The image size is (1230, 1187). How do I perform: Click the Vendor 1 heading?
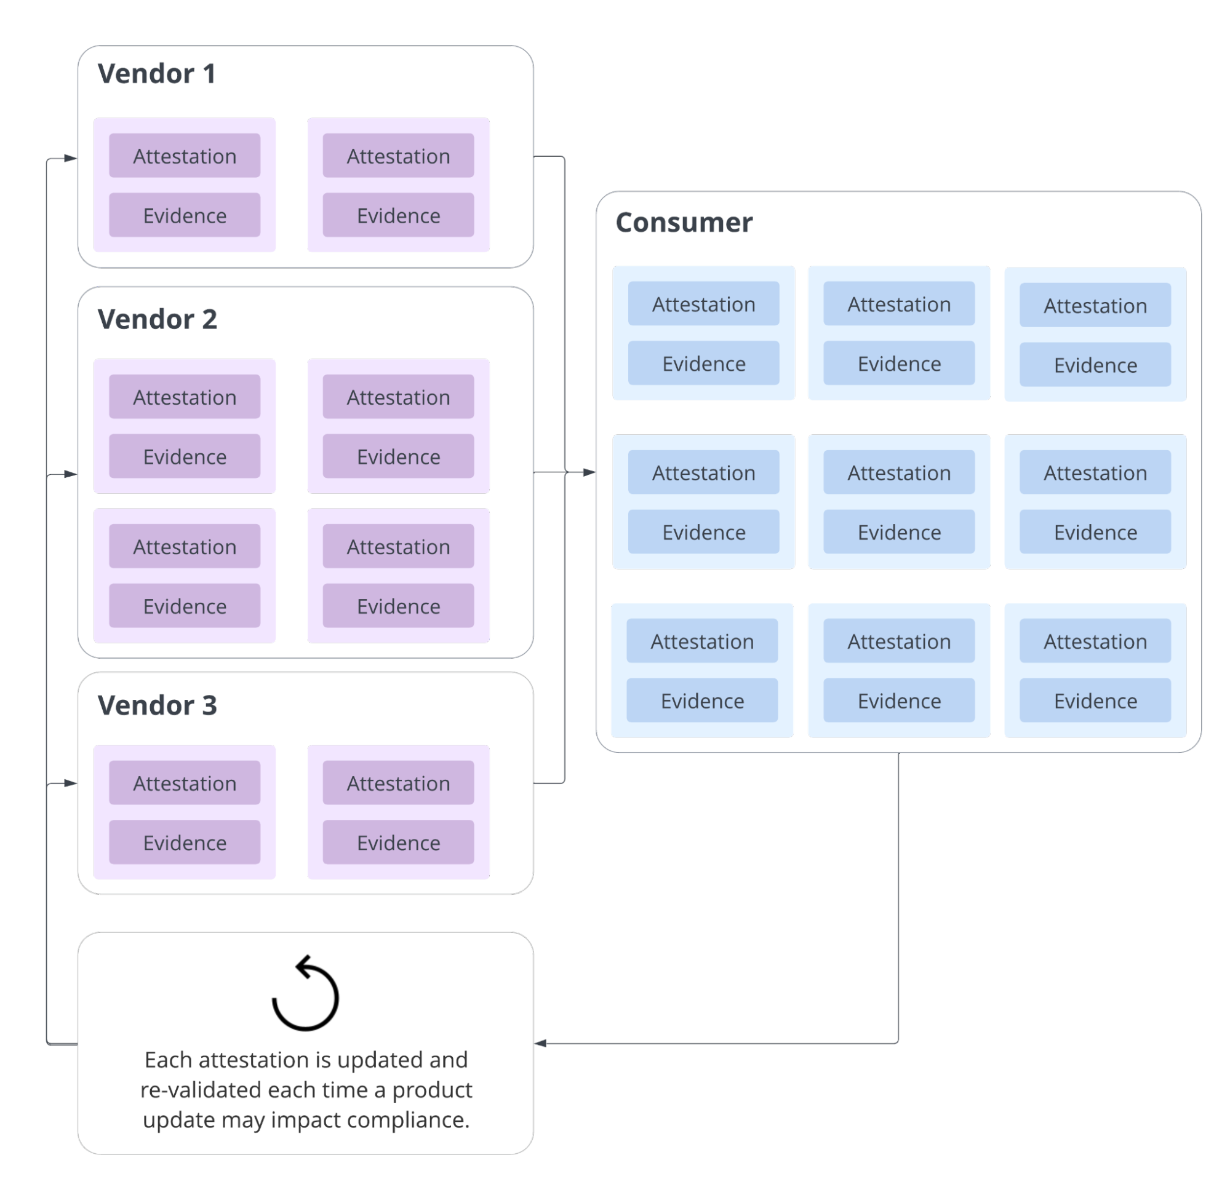pyautogui.click(x=156, y=74)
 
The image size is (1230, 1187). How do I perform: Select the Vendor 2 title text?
pyautogui.click(x=157, y=319)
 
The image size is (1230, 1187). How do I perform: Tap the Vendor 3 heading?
pyautogui.click(x=157, y=705)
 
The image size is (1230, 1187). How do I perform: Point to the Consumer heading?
pyautogui.click(x=684, y=223)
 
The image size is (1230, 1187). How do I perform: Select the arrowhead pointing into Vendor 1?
pyautogui.click(x=70, y=159)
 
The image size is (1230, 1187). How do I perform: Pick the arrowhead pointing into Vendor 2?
pyautogui.click(x=70, y=474)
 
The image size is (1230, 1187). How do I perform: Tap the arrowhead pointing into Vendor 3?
pyautogui.click(x=70, y=783)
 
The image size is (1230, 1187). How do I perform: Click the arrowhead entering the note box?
pyautogui.click(x=541, y=1043)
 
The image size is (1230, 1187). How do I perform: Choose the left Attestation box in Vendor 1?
pyautogui.click(x=185, y=156)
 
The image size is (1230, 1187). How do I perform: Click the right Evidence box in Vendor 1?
pyautogui.click(x=398, y=215)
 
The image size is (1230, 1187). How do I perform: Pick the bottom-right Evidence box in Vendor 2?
pyautogui.click(x=398, y=606)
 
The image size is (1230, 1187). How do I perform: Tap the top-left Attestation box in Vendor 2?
pyautogui.click(x=185, y=397)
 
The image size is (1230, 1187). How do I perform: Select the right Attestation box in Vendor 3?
pyautogui.click(x=398, y=783)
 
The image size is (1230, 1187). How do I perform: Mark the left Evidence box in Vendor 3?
pyautogui.click(x=185, y=843)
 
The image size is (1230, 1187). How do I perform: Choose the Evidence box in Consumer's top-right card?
pyautogui.click(x=1095, y=365)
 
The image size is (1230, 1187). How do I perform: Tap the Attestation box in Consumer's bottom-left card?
pyautogui.click(x=701, y=641)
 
